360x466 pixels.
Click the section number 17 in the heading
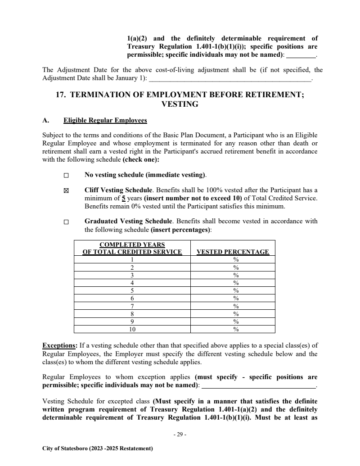click(59, 95)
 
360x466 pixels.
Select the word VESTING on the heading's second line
click(180, 104)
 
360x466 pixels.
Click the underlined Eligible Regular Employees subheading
click(105, 121)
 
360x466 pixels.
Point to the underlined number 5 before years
click(117, 198)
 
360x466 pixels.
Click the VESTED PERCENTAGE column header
click(233, 252)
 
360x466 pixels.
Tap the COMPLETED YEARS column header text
click(132, 245)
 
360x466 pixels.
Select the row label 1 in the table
click(132, 259)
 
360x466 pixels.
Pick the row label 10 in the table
click(132, 329)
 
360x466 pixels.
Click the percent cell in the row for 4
click(235, 283)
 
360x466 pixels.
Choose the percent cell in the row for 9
click(235, 321)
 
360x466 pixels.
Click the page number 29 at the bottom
click(180, 434)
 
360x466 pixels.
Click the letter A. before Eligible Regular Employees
click(45, 121)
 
